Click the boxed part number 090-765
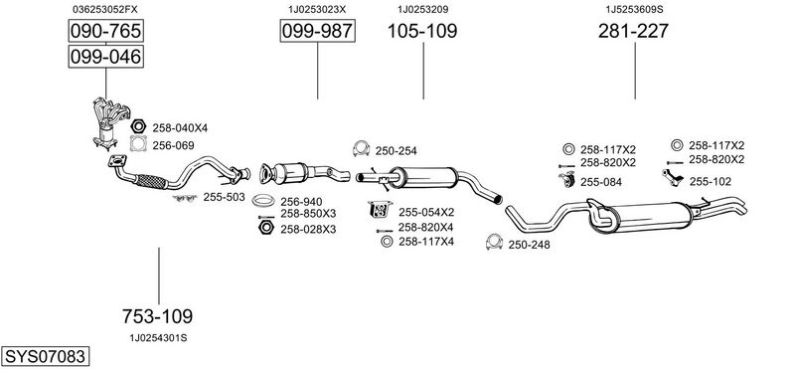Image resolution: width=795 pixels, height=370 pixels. [106, 31]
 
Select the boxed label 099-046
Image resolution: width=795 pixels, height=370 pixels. [106, 57]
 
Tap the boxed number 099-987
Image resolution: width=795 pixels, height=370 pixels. [317, 31]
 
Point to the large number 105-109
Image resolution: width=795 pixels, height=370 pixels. [422, 31]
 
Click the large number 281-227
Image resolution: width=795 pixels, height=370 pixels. [633, 31]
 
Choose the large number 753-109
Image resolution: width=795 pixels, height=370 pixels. [157, 316]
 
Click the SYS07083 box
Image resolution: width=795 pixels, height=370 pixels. [45, 356]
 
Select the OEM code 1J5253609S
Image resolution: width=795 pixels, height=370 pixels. [634, 9]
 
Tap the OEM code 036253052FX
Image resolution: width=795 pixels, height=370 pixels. [105, 9]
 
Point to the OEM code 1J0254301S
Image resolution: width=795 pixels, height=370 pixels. [158, 338]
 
